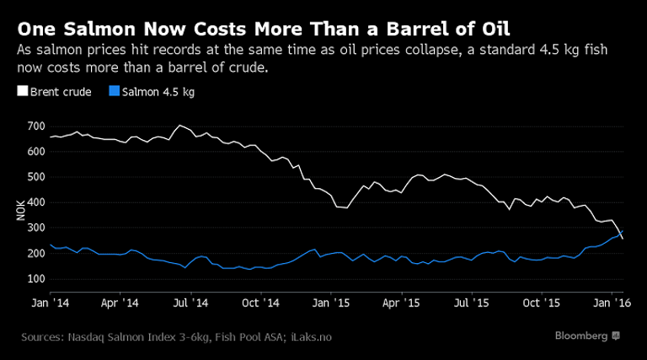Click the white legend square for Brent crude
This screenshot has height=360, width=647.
[x=21, y=91]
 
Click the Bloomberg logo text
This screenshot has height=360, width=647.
[x=580, y=336]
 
